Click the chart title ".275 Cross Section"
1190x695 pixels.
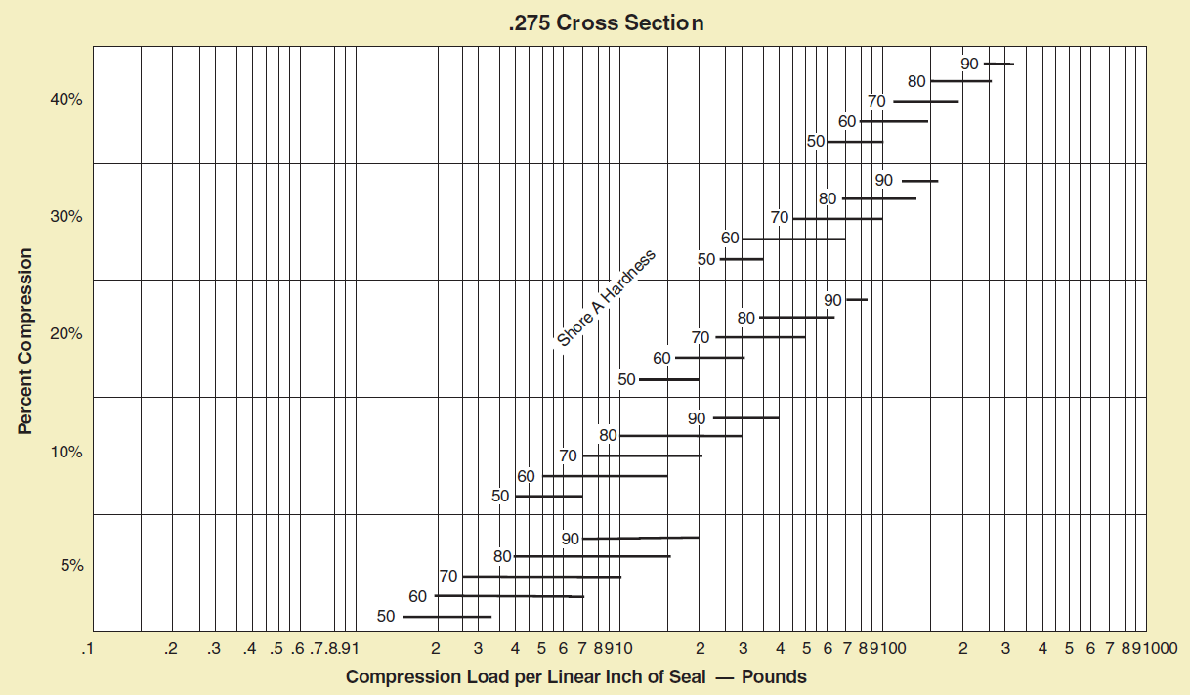[606, 22]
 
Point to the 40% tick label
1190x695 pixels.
[67, 100]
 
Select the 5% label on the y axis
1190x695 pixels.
[71, 565]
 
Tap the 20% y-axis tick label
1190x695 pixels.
[67, 334]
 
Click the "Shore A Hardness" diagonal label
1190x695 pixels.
[606, 299]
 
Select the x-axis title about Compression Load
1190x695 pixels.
[575, 676]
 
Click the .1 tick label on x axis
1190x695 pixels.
[89, 649]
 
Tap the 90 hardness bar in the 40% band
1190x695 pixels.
[999, 64]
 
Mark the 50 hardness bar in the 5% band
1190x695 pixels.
[446, 617]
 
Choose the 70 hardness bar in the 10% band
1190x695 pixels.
[642, 456]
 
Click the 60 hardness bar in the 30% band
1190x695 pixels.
[793, 239]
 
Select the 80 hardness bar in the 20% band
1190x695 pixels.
[797, 318]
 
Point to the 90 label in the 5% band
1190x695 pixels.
[571, 539]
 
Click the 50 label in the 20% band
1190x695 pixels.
[627, 379]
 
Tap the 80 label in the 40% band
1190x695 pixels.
[916, 81]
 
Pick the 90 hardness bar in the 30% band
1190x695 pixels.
[919, 181]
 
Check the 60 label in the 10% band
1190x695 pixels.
[526, 476]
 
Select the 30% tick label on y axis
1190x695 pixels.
[67, 217]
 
